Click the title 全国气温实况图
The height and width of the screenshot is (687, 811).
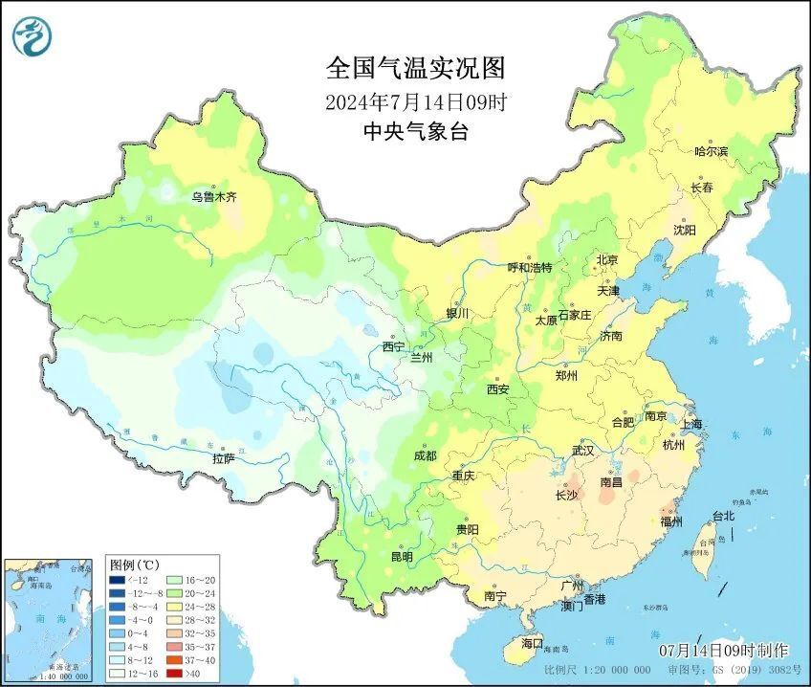pos(415,69)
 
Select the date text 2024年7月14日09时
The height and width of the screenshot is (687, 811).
pos(415,101)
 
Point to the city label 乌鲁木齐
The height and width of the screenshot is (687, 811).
pos(213,197)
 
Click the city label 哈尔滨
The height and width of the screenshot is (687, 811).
pos(711,152)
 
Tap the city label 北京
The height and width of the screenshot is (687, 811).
pos(607,260)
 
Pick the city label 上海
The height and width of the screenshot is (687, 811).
pos(690,424)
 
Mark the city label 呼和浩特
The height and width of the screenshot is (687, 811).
pos(529,268)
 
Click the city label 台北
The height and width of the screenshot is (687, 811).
pos(723,516)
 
